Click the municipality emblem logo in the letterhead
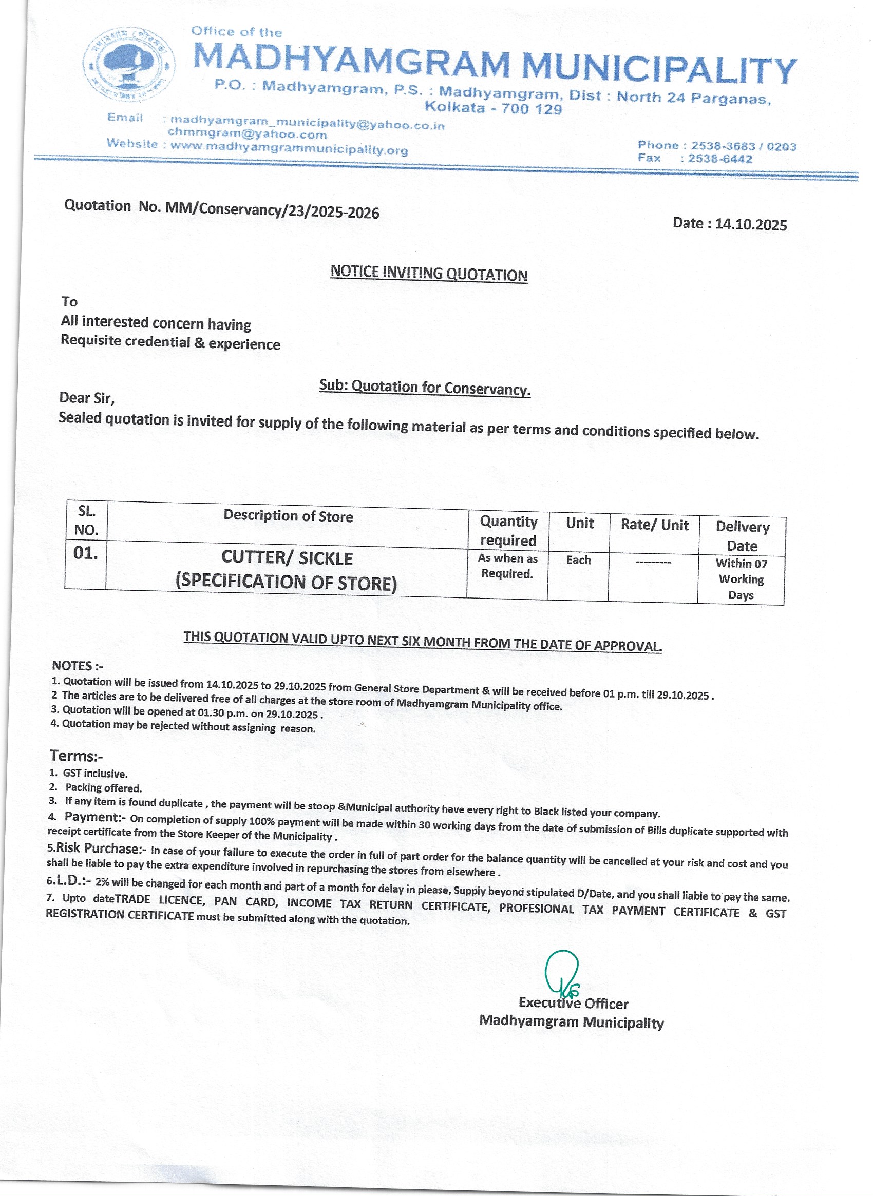point(129,65)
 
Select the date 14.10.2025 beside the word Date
point(751,224)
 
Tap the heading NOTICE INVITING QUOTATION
point(429,273)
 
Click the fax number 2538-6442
point(720,159)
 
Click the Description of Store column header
point(288,515)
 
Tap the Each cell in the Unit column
point(578,560)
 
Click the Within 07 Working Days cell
point(741,579)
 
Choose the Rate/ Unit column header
point(654,525)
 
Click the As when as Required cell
point(507,566)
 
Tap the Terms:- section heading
point(76,756)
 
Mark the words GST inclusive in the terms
point(95,774)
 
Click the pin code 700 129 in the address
point(531,109)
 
